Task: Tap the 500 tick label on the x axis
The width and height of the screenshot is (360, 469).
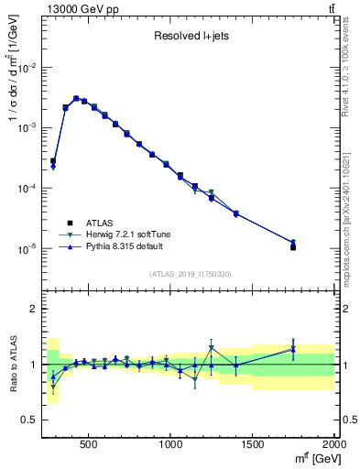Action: click(x=89, y=444)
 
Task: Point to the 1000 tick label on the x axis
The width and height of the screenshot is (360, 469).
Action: click(x=171, y=444)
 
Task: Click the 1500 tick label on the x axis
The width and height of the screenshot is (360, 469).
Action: click(x=253, y=444)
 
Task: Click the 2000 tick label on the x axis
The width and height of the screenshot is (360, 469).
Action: click(x=333, y=444)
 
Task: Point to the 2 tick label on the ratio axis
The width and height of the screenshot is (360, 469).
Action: click(x=33, y=309)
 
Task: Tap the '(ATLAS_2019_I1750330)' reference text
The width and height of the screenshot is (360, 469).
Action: click(x=190, y=274)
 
